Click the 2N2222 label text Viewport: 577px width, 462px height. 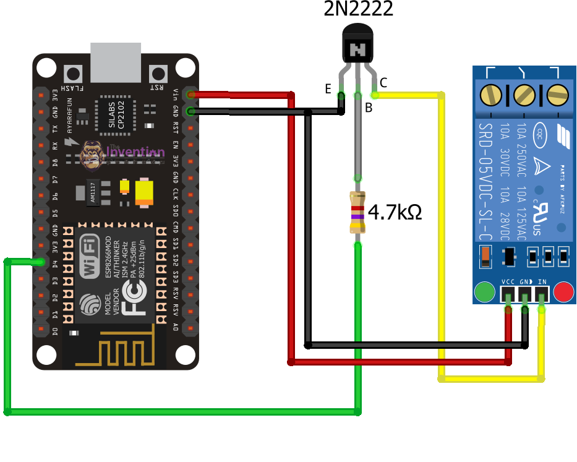[358, 9]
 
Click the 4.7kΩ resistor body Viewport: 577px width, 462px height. [357, 212]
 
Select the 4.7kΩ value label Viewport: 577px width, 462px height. [395, 213]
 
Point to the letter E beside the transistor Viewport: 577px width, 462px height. [328, 89]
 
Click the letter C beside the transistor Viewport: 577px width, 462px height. [383, 82]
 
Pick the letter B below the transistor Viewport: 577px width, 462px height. [369, 108]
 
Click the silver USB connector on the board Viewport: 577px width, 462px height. [116, 61]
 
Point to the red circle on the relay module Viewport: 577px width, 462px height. [564, 292]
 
